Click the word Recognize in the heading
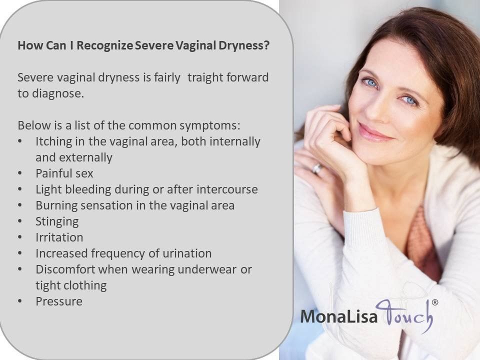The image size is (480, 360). point(104,45)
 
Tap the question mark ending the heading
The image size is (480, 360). point(266,45)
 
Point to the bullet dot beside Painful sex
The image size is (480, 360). point(20,173)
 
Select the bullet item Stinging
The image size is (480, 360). point(57,221)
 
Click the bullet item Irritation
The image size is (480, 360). point(59,237)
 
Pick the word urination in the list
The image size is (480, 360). point(187,253)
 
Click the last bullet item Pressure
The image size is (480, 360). point(59,301)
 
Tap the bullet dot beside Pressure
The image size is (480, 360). point(20,301)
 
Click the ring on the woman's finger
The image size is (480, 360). point(317,168)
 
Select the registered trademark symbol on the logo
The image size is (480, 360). point(434,302)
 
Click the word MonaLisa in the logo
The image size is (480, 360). point(338,316)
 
